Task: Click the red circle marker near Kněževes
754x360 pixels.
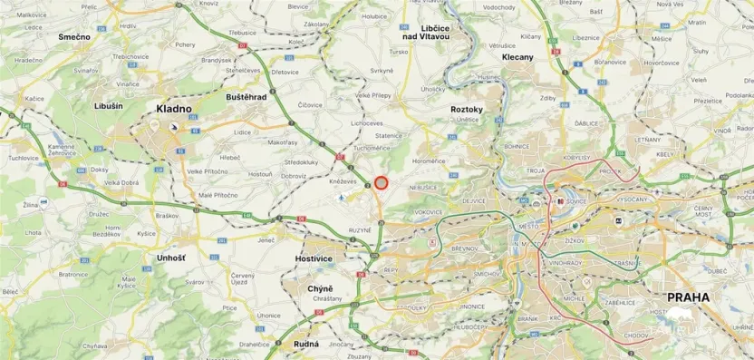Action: coord(382,182)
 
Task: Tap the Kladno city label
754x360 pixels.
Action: coord(174,109)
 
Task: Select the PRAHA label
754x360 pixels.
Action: coord(688,297)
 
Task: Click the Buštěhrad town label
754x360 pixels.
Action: coord(246,96)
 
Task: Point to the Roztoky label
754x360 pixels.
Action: coord(467,109)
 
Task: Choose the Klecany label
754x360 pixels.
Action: coord(517,56)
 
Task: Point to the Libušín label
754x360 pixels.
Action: coord(108,106)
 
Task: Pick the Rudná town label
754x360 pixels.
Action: coord(306,344)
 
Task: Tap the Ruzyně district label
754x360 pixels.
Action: coord(360,230)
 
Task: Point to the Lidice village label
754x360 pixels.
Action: coord(242,131)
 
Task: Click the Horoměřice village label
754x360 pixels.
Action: coord(429,161)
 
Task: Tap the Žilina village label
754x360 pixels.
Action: coord(33,207)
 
